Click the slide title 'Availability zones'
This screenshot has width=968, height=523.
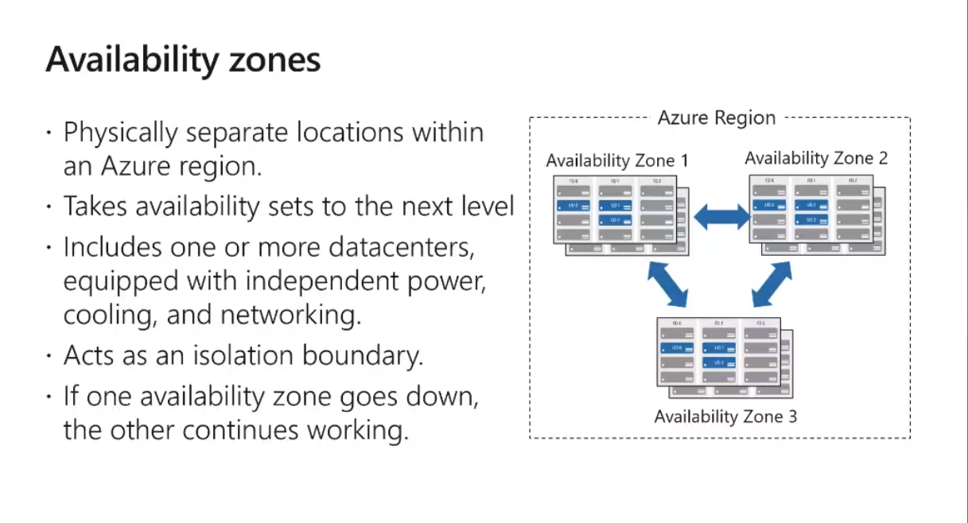(x=183, y=60)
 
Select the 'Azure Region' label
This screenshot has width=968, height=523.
(x=716, y=118)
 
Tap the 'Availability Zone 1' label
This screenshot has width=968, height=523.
(x=617, y=161)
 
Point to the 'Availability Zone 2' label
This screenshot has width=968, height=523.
(x=816, y=158)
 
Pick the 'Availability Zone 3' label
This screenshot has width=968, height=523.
(x=725, y=416)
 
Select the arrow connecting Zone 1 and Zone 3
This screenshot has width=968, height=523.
(x=667, y=284)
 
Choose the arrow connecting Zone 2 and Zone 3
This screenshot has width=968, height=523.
(x=772, y=284)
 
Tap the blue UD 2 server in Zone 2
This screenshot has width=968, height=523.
(x=811, y=220)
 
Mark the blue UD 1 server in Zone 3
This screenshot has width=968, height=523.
(x=718, y=347)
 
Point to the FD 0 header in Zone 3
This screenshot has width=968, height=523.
(x=677, y=323)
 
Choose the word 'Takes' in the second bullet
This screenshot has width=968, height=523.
(x=95, y=207)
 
